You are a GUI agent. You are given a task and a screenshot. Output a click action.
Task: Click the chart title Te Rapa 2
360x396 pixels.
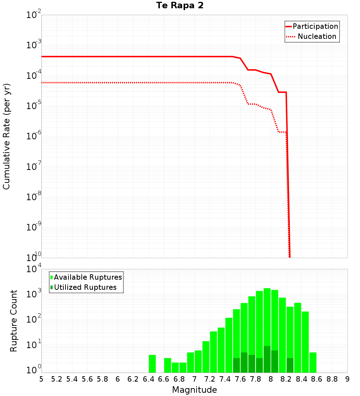pos(180,5)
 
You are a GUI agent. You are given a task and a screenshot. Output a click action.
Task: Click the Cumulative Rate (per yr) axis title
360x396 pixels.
pos(6,136)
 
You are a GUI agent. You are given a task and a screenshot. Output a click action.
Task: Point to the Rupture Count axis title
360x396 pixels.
pos(14,321)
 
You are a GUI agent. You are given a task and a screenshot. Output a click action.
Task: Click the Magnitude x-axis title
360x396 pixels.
pos(194,390)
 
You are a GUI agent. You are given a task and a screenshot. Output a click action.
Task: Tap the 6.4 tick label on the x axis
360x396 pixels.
pos(148,379)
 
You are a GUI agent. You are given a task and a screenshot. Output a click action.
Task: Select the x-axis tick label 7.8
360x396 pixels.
pos(256,379)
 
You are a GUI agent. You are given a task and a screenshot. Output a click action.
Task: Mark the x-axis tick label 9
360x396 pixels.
pos(347,379)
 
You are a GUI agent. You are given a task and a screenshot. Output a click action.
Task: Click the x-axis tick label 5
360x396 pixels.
pos(41,379)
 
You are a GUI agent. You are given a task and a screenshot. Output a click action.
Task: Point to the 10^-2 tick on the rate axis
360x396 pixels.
pos(34,15)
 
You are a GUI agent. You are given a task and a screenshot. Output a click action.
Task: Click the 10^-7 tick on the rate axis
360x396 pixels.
pos(34,167)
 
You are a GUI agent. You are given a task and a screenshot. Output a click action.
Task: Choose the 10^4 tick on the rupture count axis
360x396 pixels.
pos(34,269)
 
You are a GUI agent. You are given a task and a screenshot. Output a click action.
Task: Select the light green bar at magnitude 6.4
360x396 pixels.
pos(152,364)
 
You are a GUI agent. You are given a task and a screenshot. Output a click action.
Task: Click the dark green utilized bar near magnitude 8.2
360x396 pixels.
pos(290,365)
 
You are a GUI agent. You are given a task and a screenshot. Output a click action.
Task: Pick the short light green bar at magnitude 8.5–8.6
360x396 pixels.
pos(313,363)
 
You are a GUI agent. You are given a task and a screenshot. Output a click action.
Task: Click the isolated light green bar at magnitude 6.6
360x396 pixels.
pos(167,365)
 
